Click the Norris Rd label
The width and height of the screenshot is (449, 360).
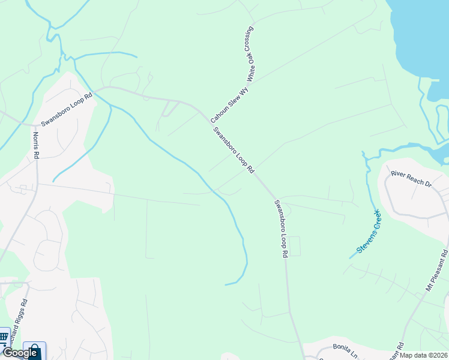tap(36, 145)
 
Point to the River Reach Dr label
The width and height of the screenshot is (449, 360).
tap(411, 178)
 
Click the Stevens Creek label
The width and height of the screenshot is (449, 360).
tap(369, 231)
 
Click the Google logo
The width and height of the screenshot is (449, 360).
tap(20, 353)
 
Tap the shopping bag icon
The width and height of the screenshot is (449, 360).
tap(34, 350)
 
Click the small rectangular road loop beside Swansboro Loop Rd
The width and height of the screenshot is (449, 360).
tap(294, 247)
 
